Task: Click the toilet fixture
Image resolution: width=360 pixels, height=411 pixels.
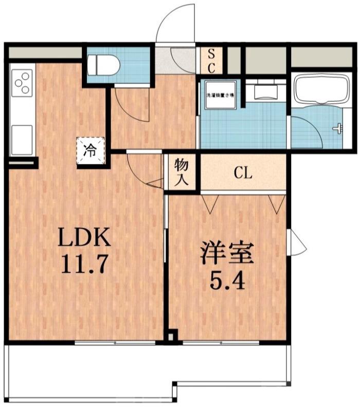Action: click(103, 65)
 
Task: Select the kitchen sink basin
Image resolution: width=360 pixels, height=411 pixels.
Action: click(22, 138)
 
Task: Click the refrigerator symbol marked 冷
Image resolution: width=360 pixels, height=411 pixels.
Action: click(91, 151)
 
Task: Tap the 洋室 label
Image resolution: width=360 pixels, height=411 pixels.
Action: click(227, 254)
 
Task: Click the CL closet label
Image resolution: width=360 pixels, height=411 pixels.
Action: click(243, 173)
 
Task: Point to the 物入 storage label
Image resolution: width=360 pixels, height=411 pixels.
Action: click(182, 172)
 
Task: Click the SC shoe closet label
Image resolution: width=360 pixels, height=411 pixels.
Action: click(211, 60)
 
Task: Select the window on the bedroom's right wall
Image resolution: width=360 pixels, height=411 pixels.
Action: click(296, 242)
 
